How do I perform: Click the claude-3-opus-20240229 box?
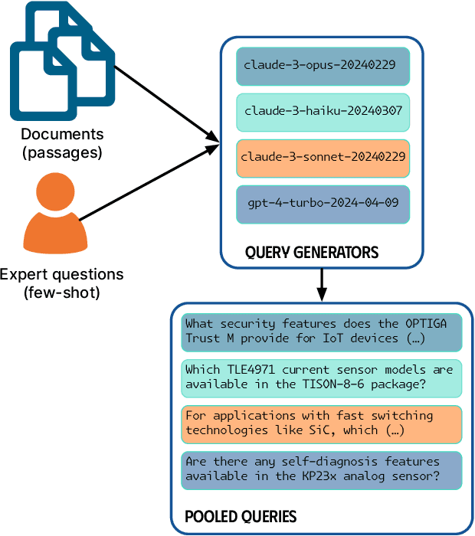pos(323,66)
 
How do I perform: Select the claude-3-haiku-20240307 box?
pos(323,112)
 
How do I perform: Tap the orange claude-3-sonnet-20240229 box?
pos(323,158)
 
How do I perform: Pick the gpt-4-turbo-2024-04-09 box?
pos(323,204)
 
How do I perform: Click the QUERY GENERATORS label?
pos(312,252)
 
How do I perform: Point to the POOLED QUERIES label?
pos(241,516)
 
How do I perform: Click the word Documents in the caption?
pos(62,135)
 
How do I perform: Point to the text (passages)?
pos(62,152)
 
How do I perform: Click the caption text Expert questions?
pos(61,275)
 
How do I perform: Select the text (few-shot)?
pos(61,293)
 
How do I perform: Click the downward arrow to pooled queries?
pos(323,286)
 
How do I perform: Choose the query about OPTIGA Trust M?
pos(323,331)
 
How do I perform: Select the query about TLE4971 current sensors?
pos(323,377)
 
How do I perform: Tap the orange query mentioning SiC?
pos(323,423)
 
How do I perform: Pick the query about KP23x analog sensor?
pos(323,469)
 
